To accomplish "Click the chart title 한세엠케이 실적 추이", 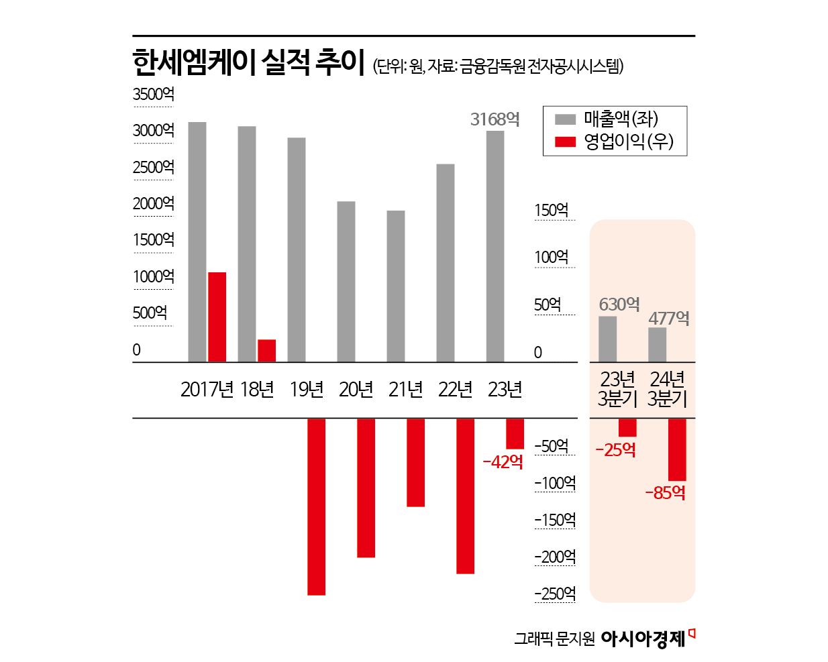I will coord(248,63).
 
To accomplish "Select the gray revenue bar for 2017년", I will coord(197,241).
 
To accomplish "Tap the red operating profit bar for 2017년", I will coord(217,317).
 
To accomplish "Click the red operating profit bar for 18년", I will coord(266,350).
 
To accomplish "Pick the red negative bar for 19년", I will coord(316,506).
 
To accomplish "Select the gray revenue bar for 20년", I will coord(346,282).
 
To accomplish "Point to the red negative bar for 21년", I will coord(415,462).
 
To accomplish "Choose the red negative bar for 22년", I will coord(465,496).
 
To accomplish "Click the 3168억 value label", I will coord(495,119).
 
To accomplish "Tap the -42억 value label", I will coord(503,461).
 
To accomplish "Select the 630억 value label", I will coord(619,305).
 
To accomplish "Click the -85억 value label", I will coord(665,493).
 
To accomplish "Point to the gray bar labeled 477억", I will coord(658,345).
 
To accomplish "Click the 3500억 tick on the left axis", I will coord(153,95).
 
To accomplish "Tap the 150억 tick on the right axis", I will coord(552,211).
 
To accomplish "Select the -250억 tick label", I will coord(555,594).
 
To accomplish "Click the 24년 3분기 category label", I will coord(668,389).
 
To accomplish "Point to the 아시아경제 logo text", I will coord(643,639).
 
